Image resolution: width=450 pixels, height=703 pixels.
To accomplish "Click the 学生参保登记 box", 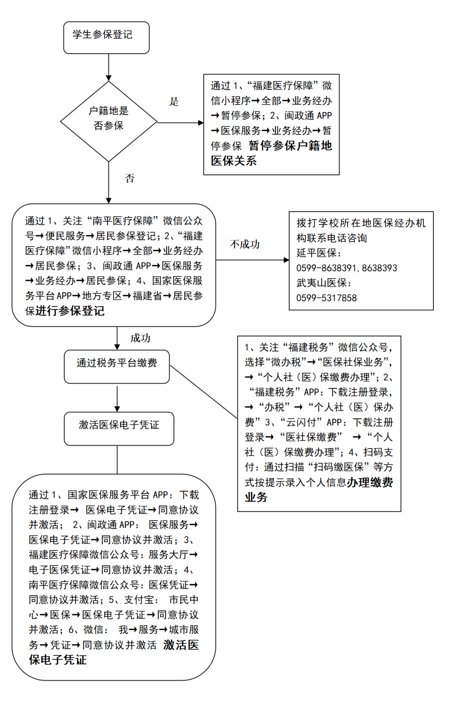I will pyautogui.click(x=106, y=37).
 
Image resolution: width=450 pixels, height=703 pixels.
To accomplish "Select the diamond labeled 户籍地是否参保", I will pyautogui.click(x=109, y=121).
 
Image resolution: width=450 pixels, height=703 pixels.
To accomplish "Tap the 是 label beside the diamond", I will pyautogui.click(x=174, y=102).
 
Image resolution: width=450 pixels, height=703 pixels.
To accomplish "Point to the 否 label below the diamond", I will pyautogui.click(x=130, y=179).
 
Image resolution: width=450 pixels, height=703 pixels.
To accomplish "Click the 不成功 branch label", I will pyautogui.click(x=245, y=244).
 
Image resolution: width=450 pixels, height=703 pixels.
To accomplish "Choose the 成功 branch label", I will pyautogui.click(x=140, y=338).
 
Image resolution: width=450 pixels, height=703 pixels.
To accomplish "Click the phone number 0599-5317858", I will pyautogui.click(x=326, y=298).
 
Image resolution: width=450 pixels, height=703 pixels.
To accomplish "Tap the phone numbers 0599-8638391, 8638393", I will pyautogui.click(x=347, y=268).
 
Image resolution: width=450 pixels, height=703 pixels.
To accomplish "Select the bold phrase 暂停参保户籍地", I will pyautogui.click(x=290, y=146).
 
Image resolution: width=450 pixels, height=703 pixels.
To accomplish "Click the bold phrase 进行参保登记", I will pyautogui.click(x=70, y=311).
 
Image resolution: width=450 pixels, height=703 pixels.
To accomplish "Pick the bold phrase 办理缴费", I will pyautogui.click(x=370, y=482).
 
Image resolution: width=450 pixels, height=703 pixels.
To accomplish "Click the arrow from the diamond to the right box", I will pyautogui.click(x=180, y=123).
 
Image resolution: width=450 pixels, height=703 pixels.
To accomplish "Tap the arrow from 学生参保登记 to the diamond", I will pyautogui.click(x=109, y=67).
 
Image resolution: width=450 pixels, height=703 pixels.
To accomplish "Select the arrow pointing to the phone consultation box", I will pyautogui.click(x=252, y=260).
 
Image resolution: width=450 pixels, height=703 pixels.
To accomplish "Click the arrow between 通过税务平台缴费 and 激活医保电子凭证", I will pyautogui.click(x=117, y=399).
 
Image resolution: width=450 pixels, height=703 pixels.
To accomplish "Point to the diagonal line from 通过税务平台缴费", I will pyautogui.click(x=203, y=392).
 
